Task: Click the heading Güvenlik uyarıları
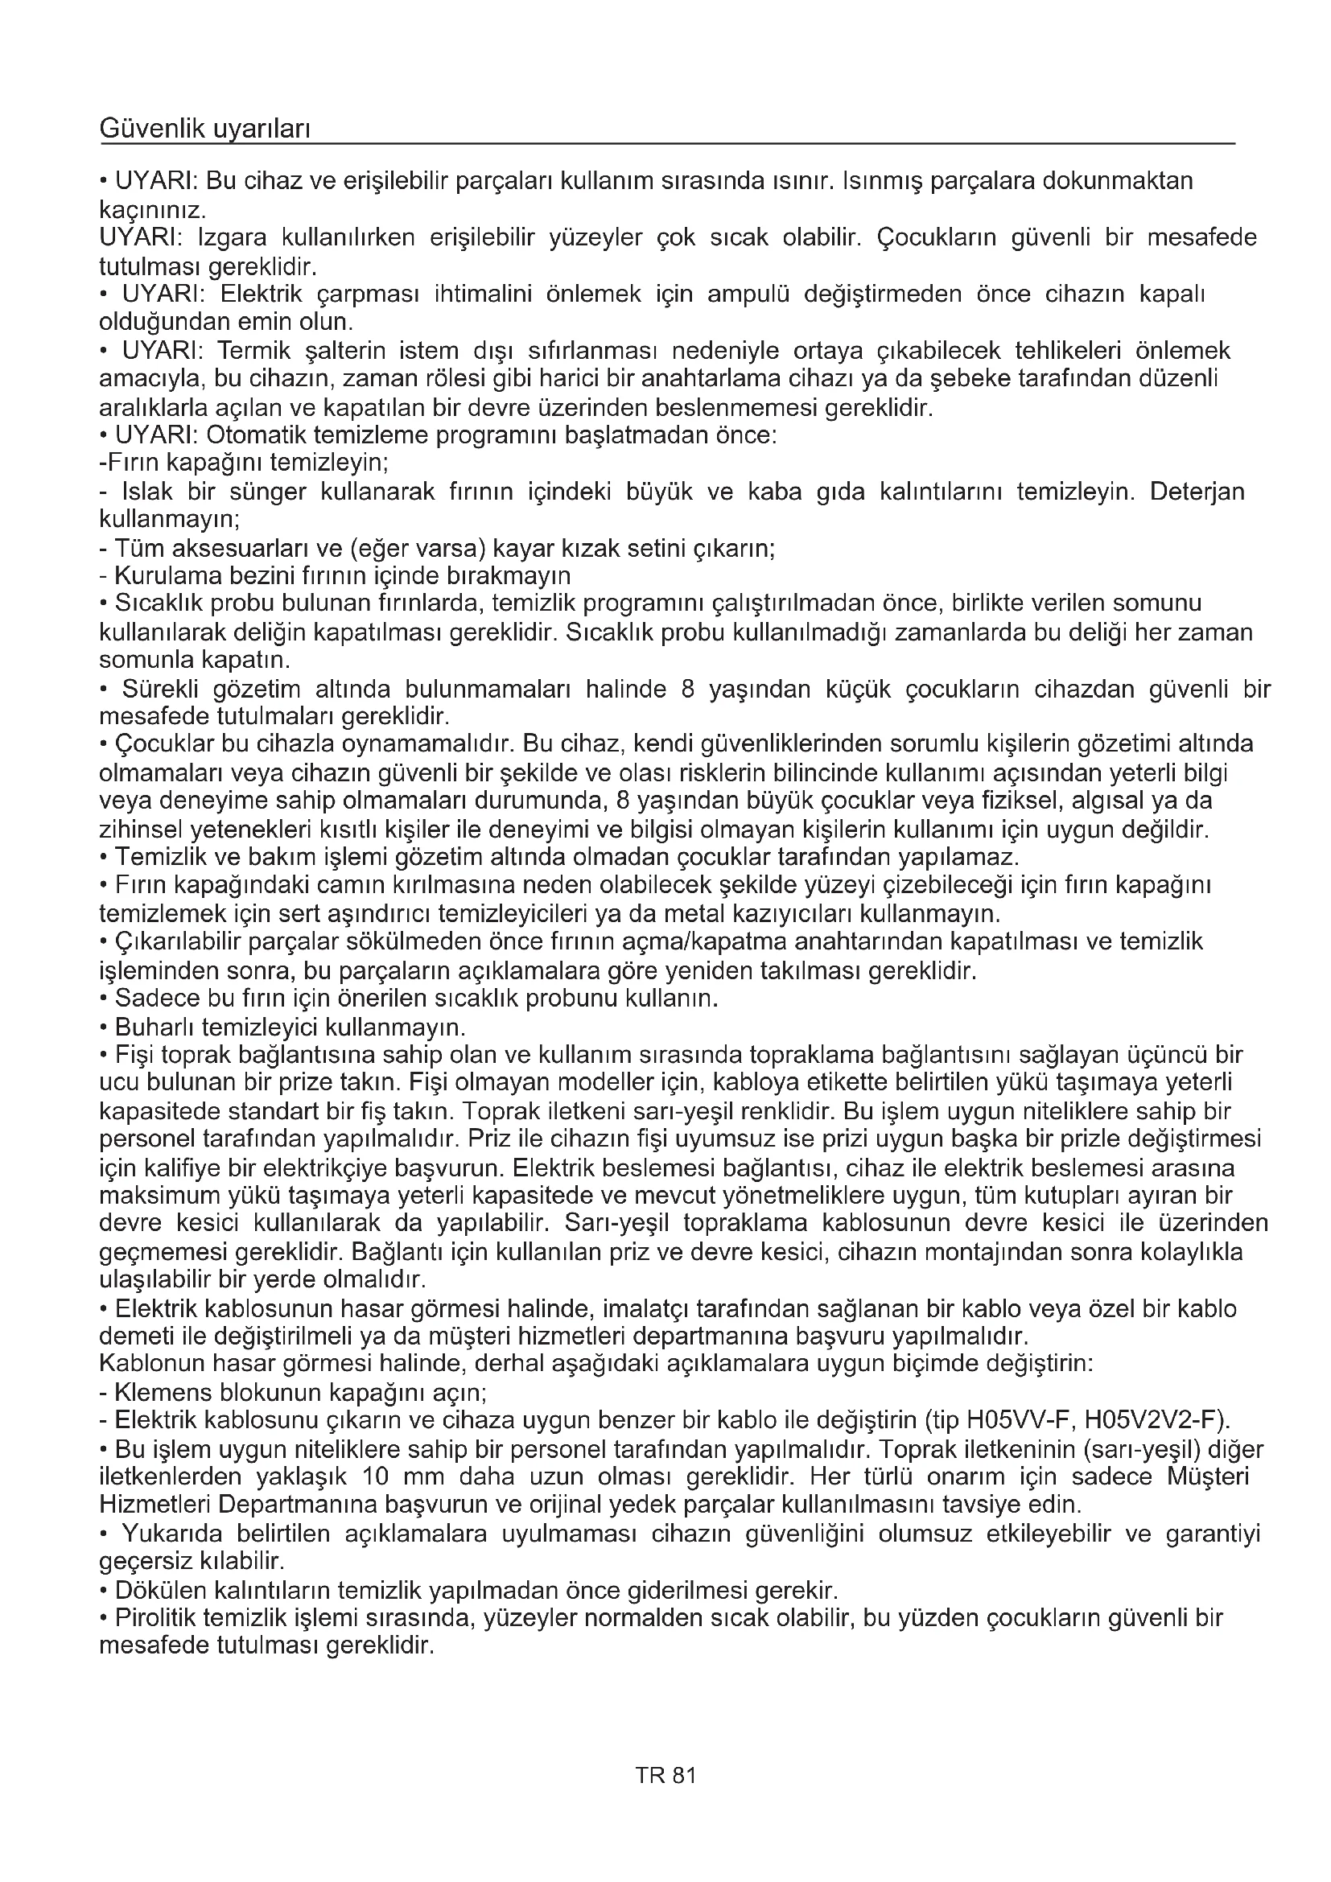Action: tap(204, 128)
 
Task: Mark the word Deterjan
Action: tap(1197, 492)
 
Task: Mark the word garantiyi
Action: tap(1212, 1534)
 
